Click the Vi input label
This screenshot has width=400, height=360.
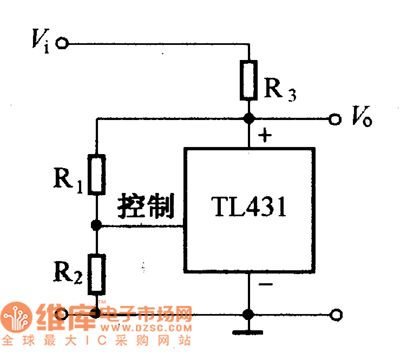click(40, 41)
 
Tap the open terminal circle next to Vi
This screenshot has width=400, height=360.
click(64, 43)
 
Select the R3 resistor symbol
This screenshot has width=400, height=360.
click(247, 79)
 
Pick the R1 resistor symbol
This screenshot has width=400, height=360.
click(96, 174)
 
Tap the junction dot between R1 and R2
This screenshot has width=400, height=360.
click(96, 226)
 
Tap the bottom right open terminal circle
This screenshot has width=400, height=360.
click(336, 313)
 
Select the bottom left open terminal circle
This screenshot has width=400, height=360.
click(64, 313)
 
